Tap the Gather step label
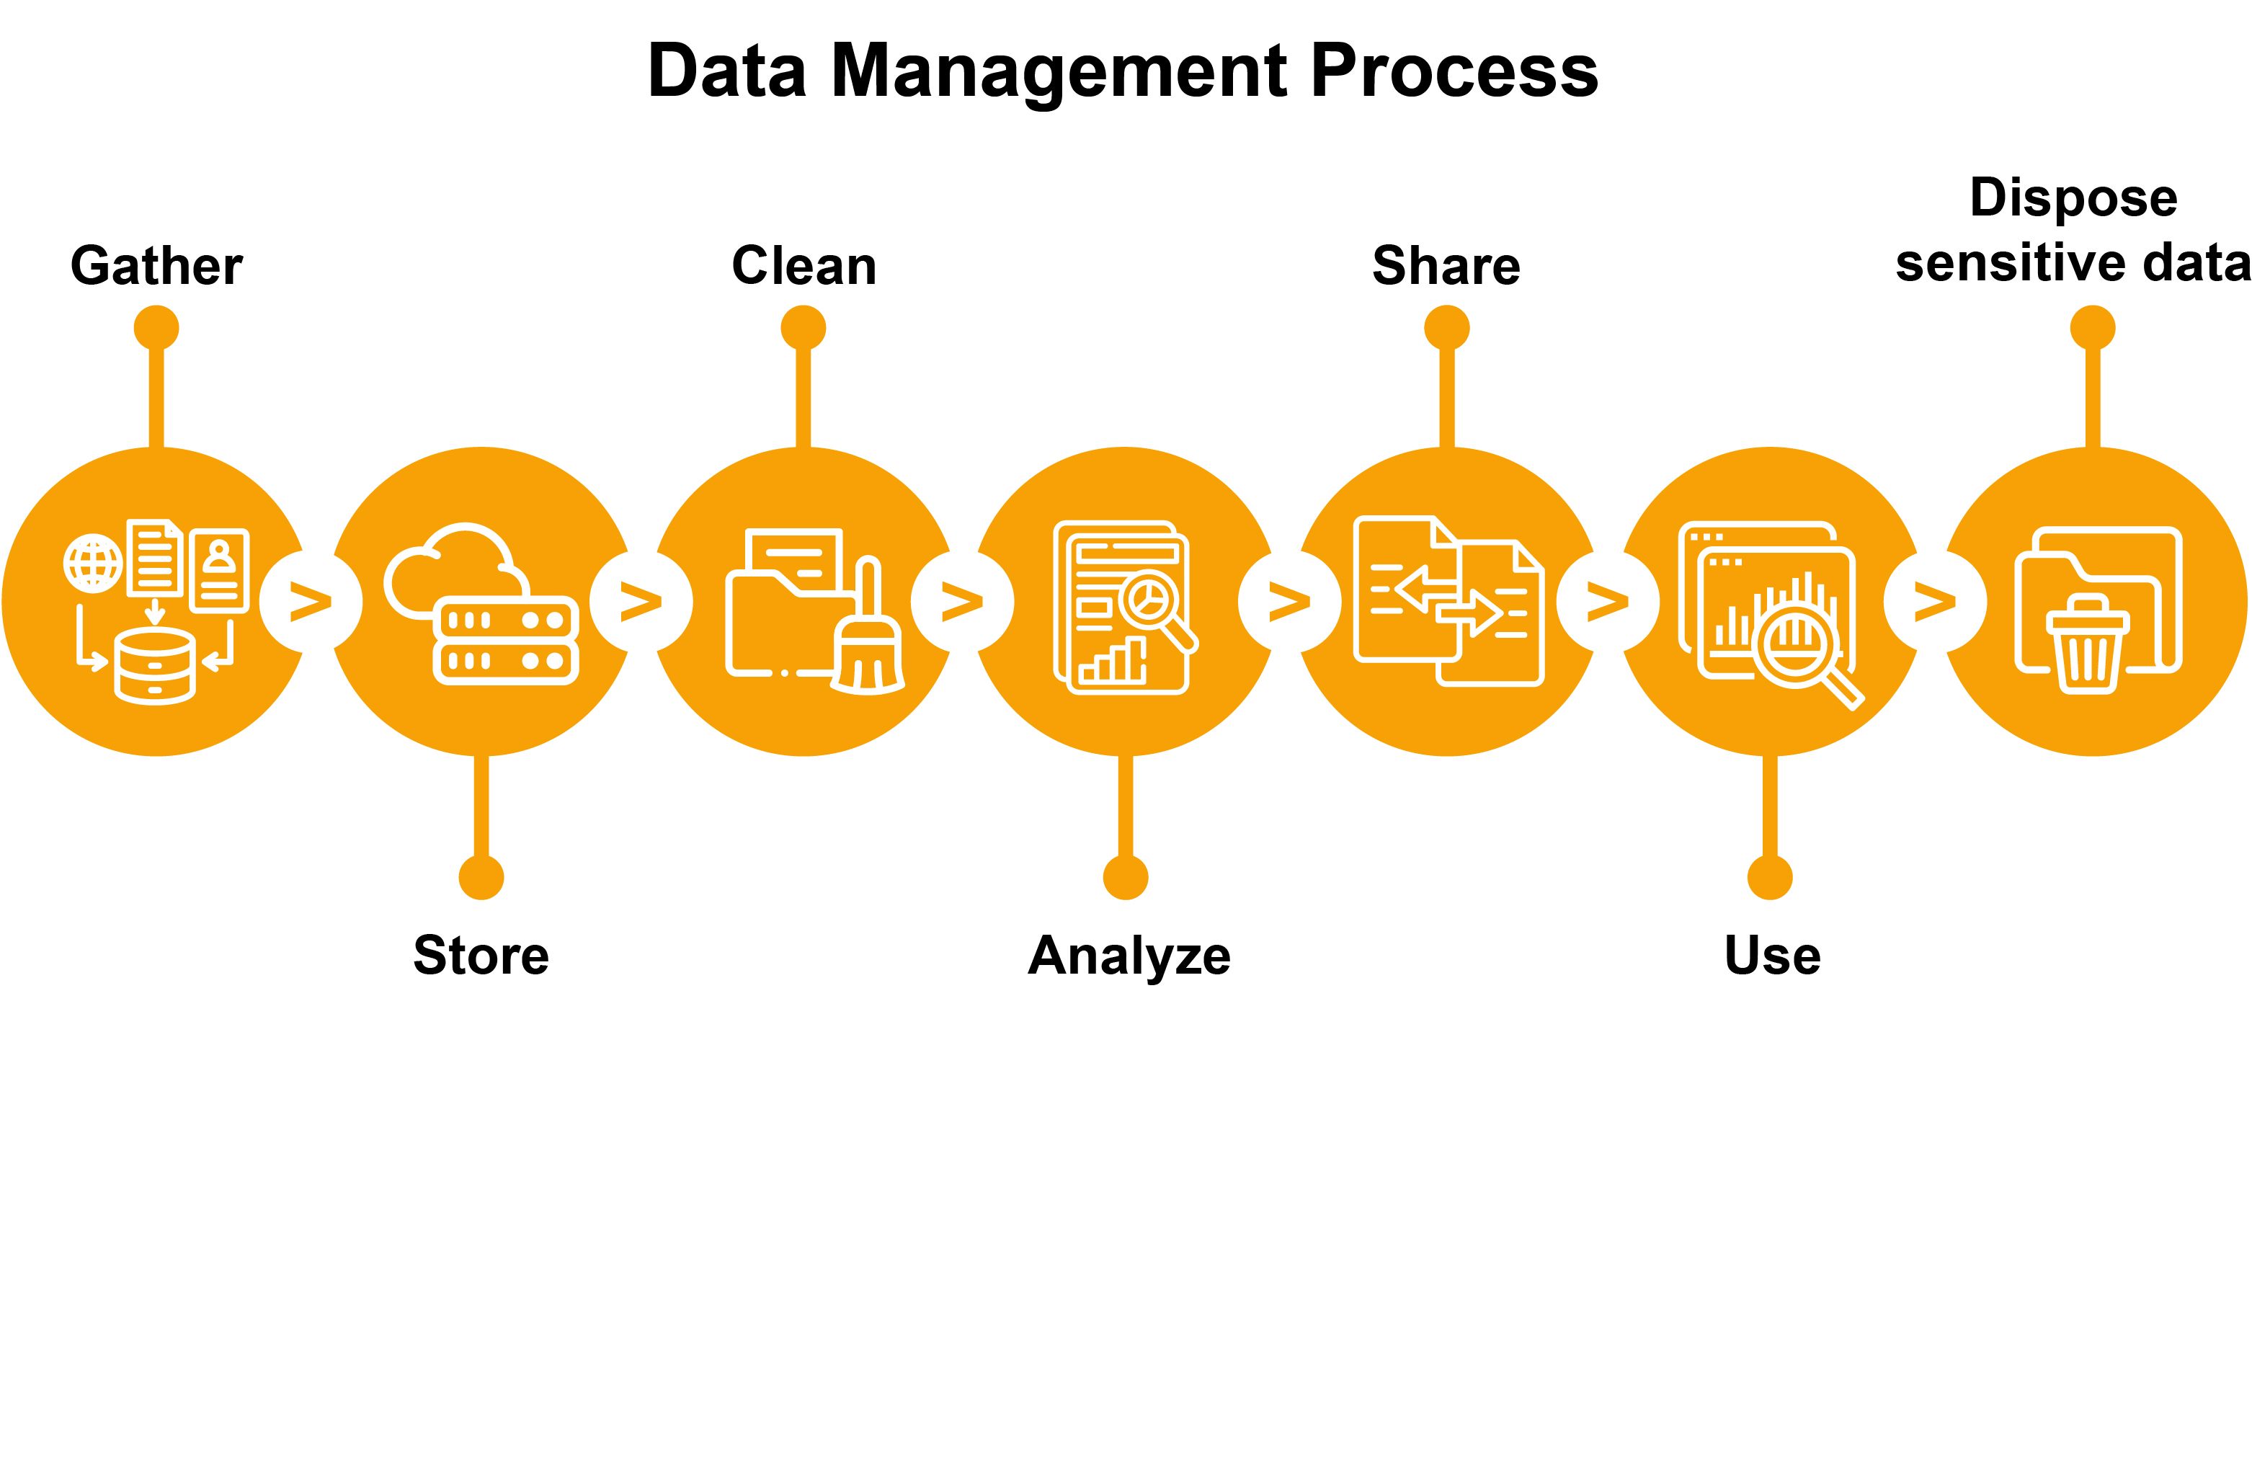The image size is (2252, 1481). pos(156,266)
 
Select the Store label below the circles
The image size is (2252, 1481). pos(481,955)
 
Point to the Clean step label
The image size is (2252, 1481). pos(804,266)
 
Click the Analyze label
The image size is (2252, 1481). pos(1129,956)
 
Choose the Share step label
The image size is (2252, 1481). pos(1446,266)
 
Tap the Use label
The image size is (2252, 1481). pos(1771,956)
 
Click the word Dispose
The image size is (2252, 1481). pos(2073,199)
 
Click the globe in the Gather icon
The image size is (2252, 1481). pos(93,564)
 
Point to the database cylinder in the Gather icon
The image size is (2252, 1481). pos(154,668)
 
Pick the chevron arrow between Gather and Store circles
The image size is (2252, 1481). pos(311,602)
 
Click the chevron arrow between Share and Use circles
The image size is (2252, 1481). pos(1607,602)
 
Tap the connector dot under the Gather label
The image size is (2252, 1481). pos(156,329)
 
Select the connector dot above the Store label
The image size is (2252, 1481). pos(481,879)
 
